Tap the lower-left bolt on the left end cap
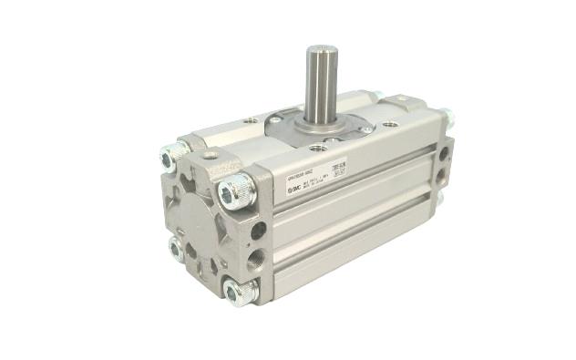(x=176, y=247)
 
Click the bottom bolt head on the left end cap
(x=239, y=291)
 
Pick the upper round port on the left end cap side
(x=258, y=231)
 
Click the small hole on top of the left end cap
(x=210, y=155)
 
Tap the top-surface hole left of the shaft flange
(x=249, y=119)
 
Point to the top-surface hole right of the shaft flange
(x=390, y=124)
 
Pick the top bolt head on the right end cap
(x=447, y=117)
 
